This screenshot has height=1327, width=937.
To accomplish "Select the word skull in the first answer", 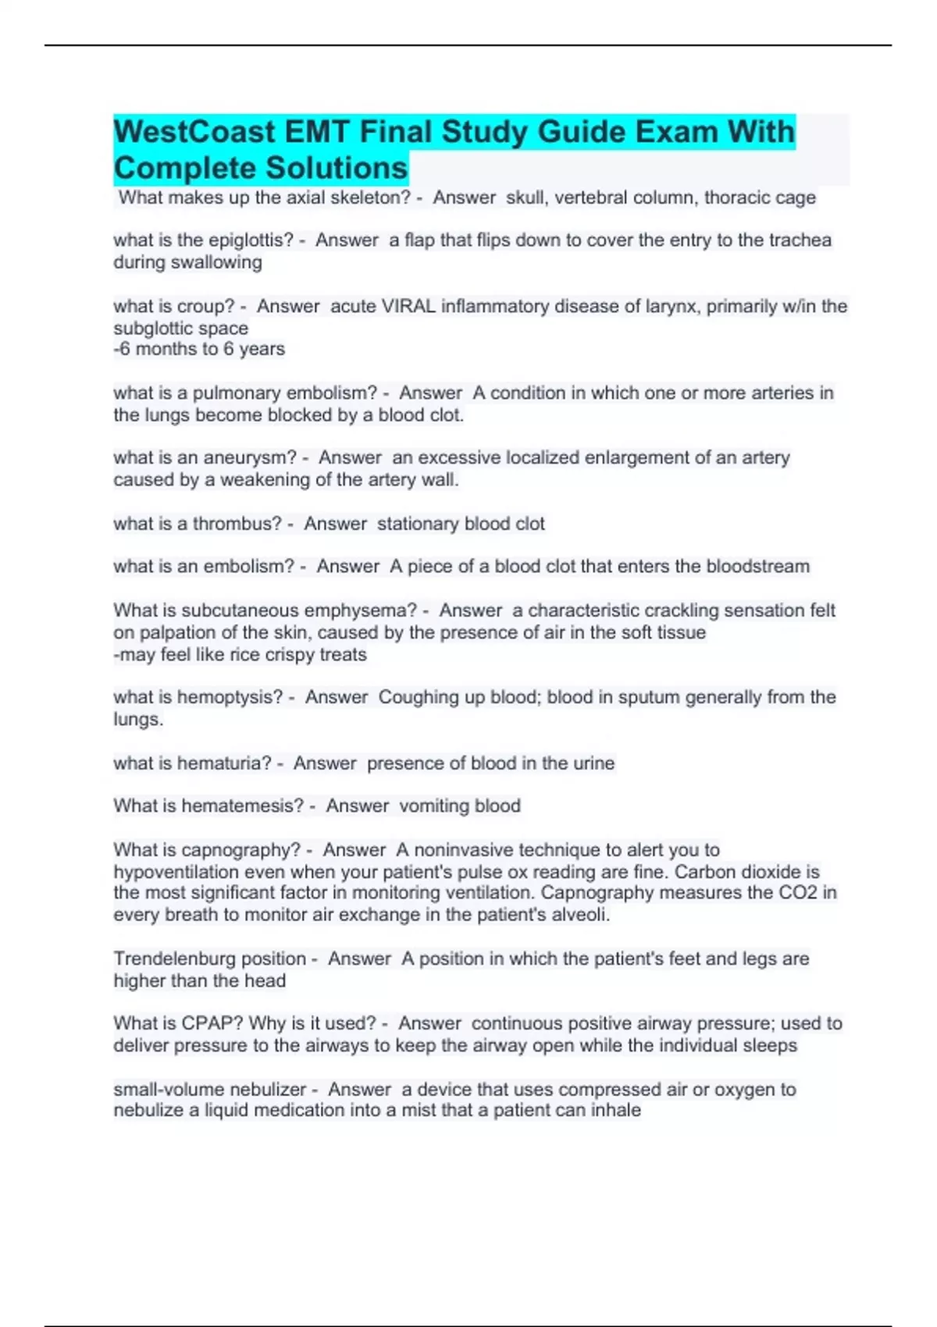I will (526, 197).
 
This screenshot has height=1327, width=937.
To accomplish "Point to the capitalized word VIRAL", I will (408, 306).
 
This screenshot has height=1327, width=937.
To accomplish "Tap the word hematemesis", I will (241, 806).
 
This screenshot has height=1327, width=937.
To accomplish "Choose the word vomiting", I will (428, 806).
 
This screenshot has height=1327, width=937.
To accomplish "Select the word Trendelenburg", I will (209, 959).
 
